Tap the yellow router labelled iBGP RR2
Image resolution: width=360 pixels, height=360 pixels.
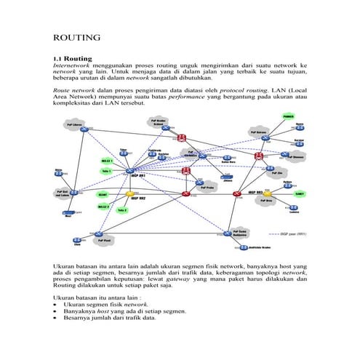click(x=131, y=194)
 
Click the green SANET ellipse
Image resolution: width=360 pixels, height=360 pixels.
click(x=299, y=193)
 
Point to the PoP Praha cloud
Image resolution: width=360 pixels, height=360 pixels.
click(x=205, y=187)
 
